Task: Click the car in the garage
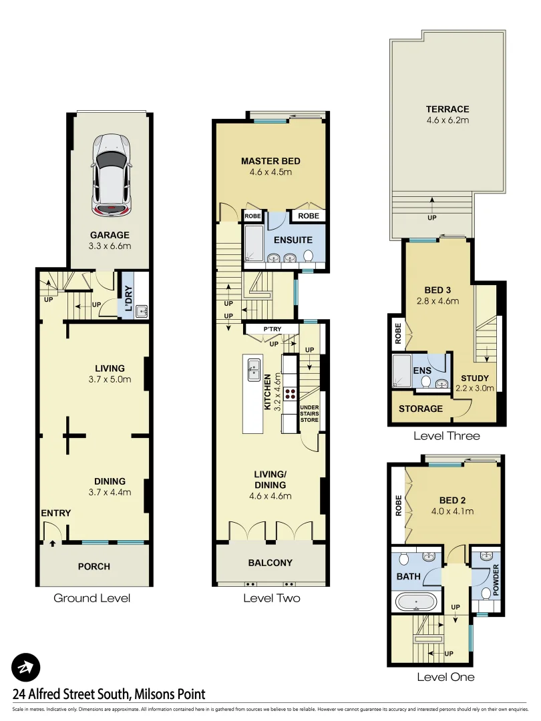111,174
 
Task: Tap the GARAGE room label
111,235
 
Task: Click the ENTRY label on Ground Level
55,513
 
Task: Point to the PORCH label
94,566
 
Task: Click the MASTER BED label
270,161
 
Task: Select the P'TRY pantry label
272,329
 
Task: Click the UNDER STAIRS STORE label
309,414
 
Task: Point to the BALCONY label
271,562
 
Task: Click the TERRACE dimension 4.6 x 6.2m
447,121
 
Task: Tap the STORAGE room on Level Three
420,409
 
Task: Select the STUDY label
475,378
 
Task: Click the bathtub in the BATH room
417,602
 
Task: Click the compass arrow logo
26,667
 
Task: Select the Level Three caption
446,436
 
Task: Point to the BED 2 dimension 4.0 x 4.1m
453,512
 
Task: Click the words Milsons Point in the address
170,694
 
